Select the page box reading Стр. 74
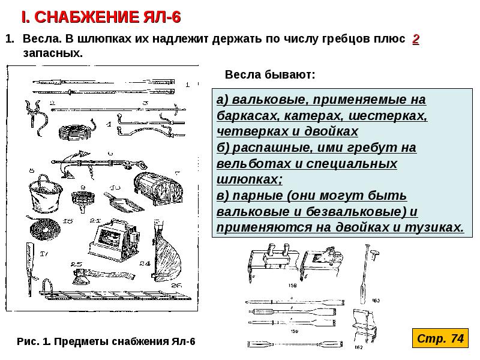click(x=440, y=339)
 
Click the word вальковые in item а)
click(x=265, y=98)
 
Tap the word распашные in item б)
click(x=264, y=147)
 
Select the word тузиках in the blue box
click(x=435, y=227)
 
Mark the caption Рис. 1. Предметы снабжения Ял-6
click(x=107, y=341)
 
